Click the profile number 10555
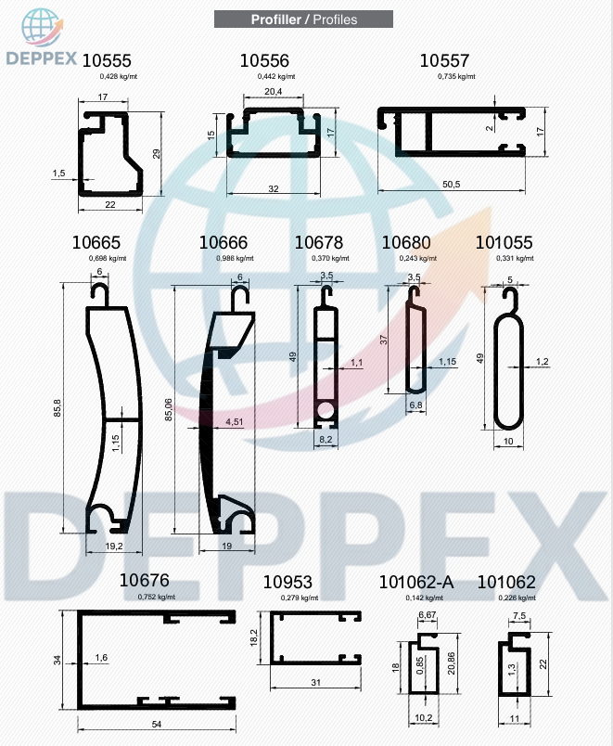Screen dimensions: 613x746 (107, 61)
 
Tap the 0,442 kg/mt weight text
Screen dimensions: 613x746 (276, 76)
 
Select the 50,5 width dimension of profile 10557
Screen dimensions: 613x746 (452, 184)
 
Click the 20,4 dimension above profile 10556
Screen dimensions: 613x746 (273, 91)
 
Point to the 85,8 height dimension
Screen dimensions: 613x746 (57, 408)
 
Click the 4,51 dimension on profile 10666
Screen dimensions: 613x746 (234, 421)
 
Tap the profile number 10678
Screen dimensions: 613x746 (319, 243)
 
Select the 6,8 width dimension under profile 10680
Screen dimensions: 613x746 (415, 405)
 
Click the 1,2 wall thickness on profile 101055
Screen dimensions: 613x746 (543, 362)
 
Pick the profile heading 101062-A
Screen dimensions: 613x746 (416, 583)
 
